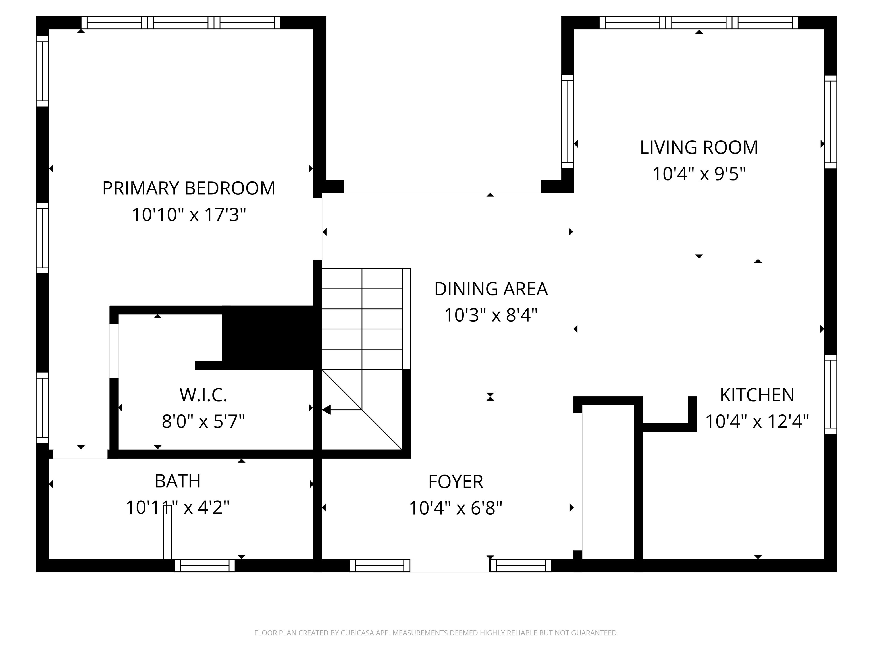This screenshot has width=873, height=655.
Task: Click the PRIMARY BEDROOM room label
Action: [189, 188]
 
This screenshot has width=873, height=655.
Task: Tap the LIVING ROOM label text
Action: [699, 148]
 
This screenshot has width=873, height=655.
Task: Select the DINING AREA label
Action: [491, 289]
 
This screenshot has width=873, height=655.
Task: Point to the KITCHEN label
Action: [757, 395]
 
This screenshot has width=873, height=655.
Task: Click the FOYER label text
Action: [456, 482]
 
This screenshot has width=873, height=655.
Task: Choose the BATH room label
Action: [178, 481]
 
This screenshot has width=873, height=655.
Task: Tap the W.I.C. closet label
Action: [203, 395]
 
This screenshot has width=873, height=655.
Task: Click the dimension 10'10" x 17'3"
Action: [189, 215]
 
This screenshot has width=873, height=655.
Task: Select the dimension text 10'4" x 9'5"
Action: [699, 174]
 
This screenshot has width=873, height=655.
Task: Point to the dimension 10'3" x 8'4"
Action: [491, 316]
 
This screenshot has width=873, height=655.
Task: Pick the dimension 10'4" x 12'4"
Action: [757, 422]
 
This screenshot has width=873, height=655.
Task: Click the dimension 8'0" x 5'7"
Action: [203, 422]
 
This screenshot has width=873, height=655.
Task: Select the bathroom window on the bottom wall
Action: [205, 566]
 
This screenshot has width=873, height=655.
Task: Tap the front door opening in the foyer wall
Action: [450, 565]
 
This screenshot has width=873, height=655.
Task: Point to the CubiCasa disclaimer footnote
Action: [436, 633]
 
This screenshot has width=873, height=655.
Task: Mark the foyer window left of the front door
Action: [380, 566]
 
